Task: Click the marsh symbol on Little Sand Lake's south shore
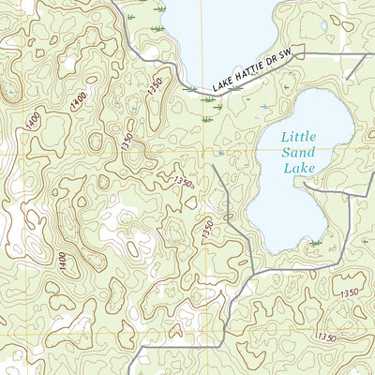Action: click(314, 243)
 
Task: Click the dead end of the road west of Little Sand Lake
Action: click(214, 167)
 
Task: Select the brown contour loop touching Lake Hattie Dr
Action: click(190, 91)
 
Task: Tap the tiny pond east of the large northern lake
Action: click(324, 26)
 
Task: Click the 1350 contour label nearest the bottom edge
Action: click(326, 337)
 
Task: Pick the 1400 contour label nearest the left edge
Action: click(33, 119)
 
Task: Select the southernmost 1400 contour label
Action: click(62, 262)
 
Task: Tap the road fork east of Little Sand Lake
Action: click(363, 188)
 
